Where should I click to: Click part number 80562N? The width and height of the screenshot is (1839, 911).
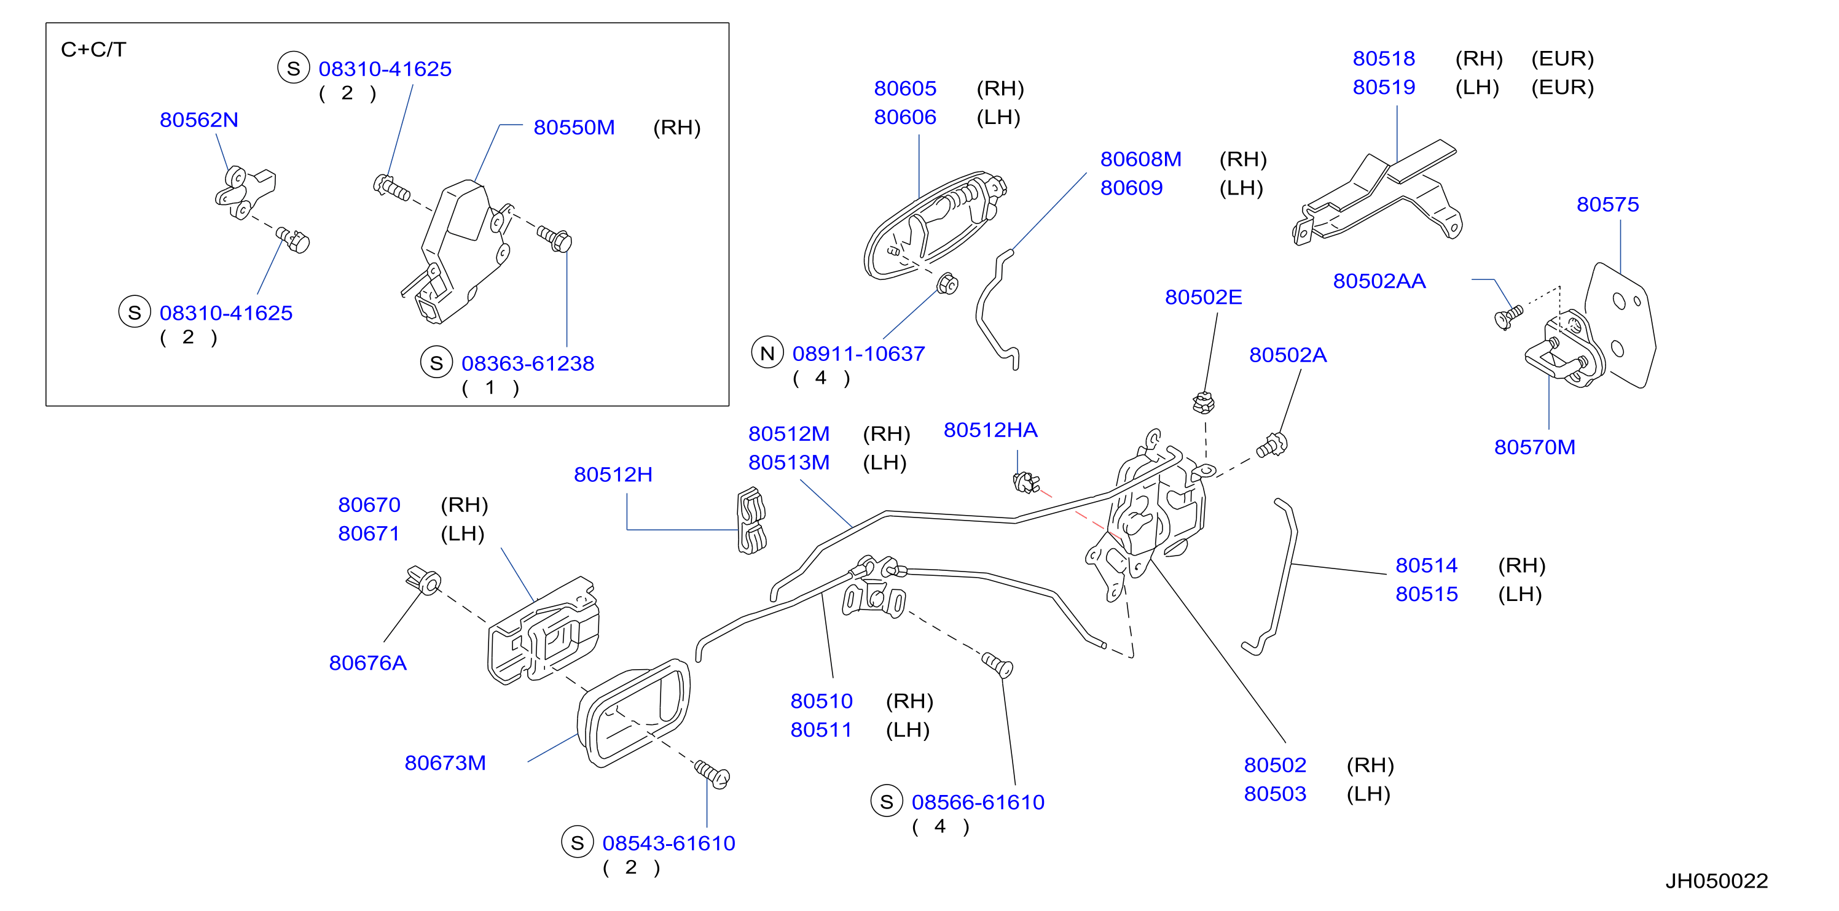tap(198, 120)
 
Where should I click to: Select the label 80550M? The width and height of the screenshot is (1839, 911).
tap(574, 128)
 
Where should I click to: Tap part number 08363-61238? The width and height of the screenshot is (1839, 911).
tap(528, 364)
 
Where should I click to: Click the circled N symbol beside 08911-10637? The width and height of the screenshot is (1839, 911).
tap(767, 353)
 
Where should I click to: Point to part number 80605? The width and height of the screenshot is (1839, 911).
tap(905, 88)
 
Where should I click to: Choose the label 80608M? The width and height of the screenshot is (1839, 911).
tap(1141, 159)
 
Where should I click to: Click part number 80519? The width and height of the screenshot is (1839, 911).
tap(1384, 87)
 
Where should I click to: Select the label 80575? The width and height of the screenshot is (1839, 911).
tap(1608, 205)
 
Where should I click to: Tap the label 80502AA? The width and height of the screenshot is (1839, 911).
tap(1379, 281)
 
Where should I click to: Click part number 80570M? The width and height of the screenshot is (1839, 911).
tap(1535, 448)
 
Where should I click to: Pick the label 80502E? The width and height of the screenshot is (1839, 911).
tap(1204, 298)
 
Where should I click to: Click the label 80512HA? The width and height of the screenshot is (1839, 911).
tap(990, 430)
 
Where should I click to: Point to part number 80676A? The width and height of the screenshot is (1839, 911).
tap(367, 664)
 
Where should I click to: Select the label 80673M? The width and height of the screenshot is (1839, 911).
tap(445, 763)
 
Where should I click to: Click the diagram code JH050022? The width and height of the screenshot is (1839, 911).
tap(1717, 881)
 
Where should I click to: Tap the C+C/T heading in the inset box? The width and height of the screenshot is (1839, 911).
tap(93, 50)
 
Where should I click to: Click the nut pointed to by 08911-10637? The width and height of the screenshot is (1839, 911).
tap(947, 284)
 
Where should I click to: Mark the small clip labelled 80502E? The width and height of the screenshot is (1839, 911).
tap(1204, 403)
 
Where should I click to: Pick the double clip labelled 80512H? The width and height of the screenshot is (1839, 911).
tap(751, 521)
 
